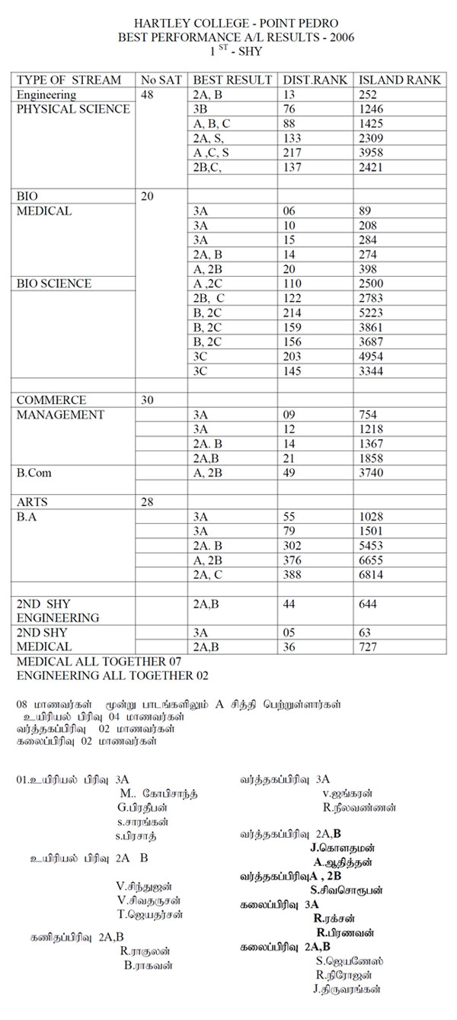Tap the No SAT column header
pos(161,80)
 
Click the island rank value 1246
pos(371,109)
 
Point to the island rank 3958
pos(371,152)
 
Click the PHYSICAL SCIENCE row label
pos(73,109)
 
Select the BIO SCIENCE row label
pos(54,284)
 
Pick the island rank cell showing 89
pos(364,211)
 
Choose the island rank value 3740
pos(371,473)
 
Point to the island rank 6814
pos(371,574)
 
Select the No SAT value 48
pos(149,95)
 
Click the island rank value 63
pos(364,632)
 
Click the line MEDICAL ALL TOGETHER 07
pos(99,662)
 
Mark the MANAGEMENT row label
pos(60,415)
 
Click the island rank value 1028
pos(371,516)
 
